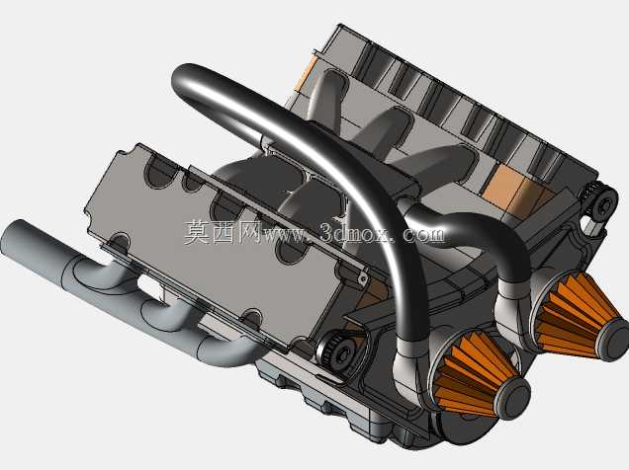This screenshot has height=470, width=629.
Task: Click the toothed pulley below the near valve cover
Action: (336, 352)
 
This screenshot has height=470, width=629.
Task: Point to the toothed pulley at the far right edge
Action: (599, 203)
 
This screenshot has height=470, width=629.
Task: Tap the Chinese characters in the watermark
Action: (224, 232)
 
